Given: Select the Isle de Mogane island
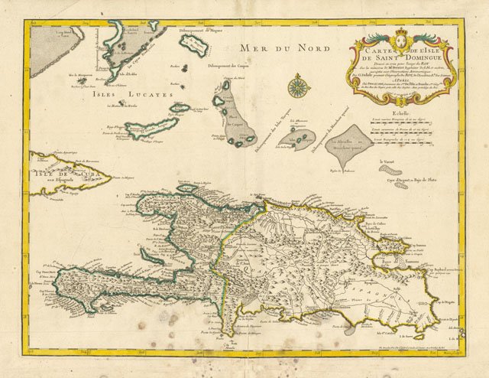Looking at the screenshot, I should click(x=195, y=47).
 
